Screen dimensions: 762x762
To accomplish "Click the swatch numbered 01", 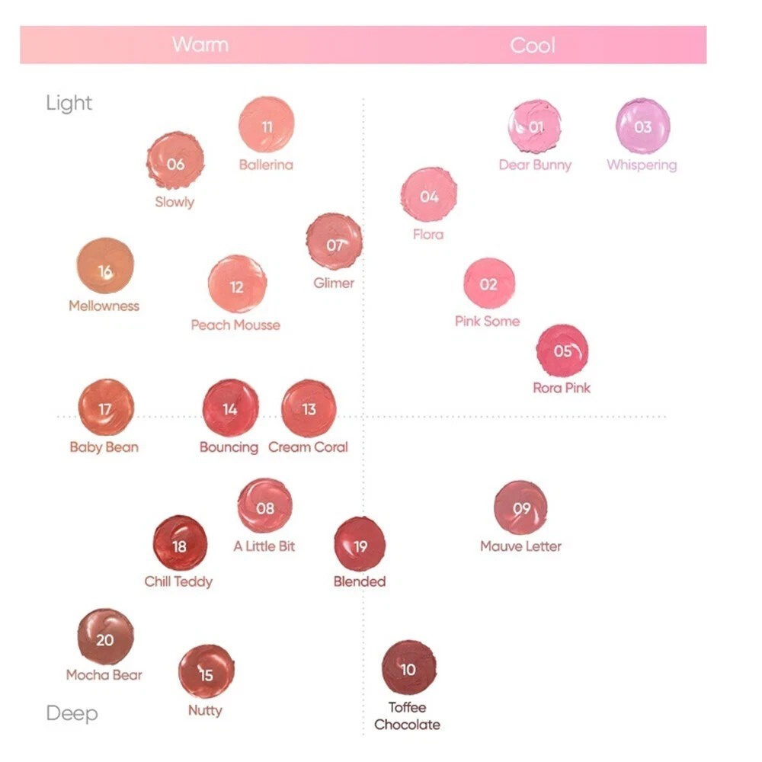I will [535, 126].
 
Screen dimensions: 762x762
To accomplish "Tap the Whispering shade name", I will [642, 165].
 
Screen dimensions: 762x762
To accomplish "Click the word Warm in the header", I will [200, 44].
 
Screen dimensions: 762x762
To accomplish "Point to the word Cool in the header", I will [533, 45].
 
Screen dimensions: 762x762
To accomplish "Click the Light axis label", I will [69, 103].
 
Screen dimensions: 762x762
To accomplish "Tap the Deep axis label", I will [72, 713].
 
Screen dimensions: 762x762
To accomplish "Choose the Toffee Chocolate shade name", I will [407, 716].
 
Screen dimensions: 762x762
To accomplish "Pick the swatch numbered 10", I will [408, 668].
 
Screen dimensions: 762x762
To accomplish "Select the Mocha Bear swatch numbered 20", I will [105, 637].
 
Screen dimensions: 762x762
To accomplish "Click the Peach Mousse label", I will [235, 325].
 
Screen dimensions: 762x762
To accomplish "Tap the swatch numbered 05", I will [562, 351].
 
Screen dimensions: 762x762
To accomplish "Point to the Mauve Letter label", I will [520, 546].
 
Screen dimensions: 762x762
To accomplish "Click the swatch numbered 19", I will [360, 544].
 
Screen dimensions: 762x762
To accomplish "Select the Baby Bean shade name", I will [104, 447].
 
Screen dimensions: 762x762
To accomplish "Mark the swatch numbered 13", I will [308, 408].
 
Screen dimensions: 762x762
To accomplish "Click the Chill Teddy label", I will [178, 581].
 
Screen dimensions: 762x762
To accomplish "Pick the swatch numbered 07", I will [334, 243].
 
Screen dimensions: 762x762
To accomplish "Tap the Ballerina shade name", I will [266, 165].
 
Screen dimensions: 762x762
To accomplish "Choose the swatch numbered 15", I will [206, 672].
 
